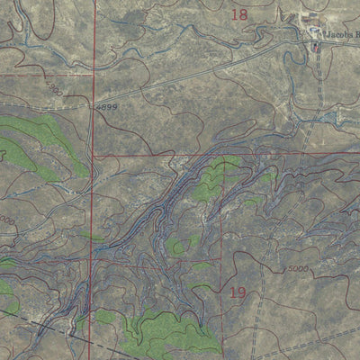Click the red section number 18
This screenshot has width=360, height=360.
pyautogui.click(x=238, y=14)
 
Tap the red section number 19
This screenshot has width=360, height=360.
pyautogui.click(x=238, y=292)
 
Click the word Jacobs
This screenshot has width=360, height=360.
pyautogui.click(x=340, y=33)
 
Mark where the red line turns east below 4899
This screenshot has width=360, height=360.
pyautogui.click(x=94, y=155)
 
